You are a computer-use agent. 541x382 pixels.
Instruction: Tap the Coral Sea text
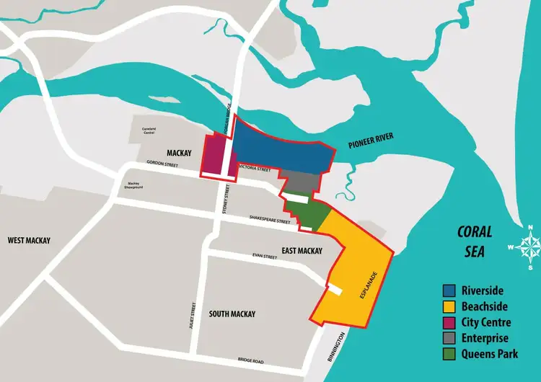click(x=476, y=241)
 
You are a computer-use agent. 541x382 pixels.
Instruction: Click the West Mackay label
click(x=29, y=240)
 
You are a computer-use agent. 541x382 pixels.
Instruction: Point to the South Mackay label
click(x=232, y=314)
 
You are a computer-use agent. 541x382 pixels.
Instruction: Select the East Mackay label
click(x=302, y=251)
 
